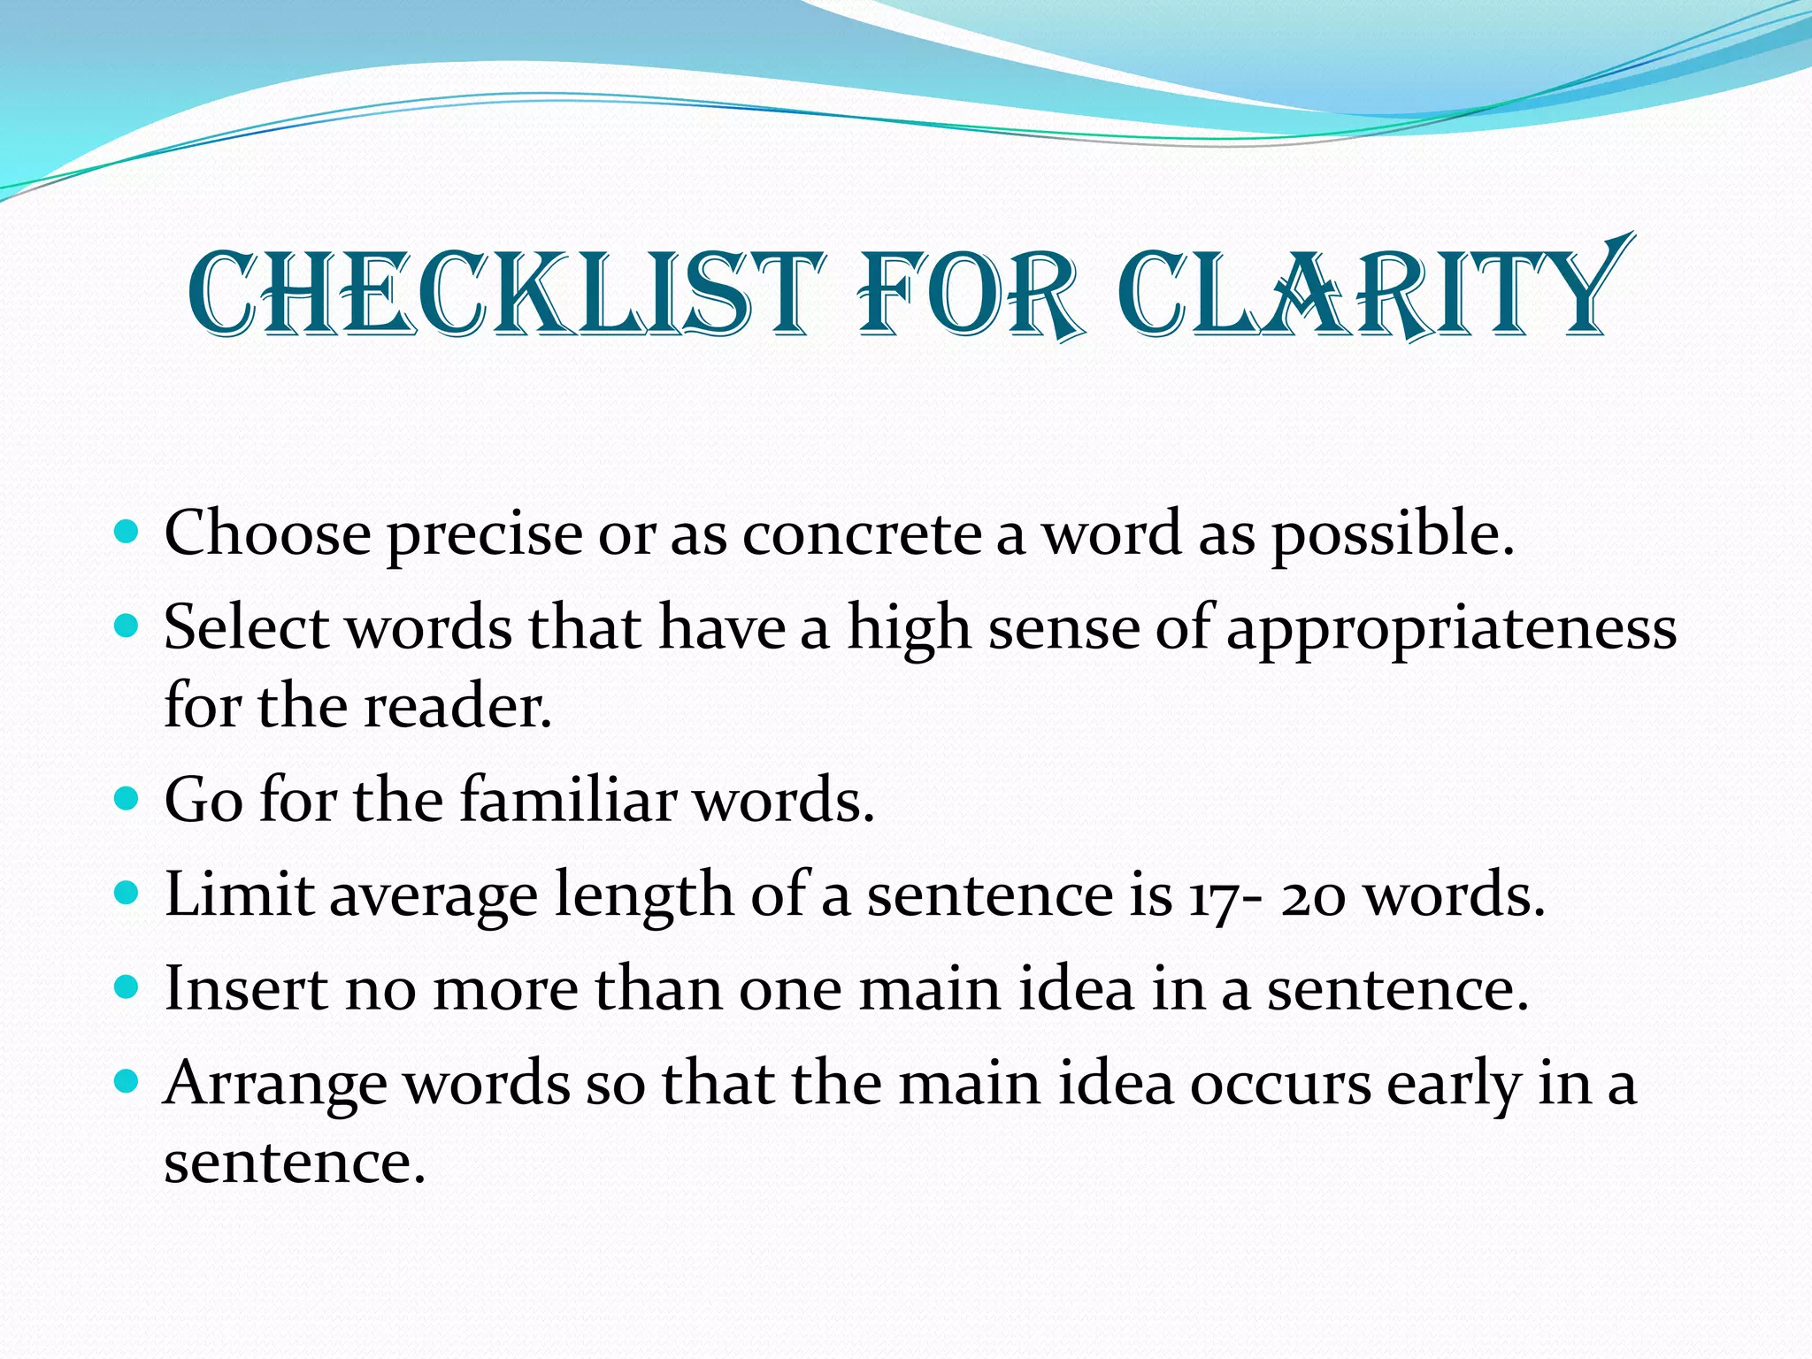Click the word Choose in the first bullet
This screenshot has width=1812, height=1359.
pyautogui.click(x=267, y=534)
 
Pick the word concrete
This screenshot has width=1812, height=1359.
pyautogui.click(x=862, y=534)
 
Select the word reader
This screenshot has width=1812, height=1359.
pyautogui.click(x=458, y=708)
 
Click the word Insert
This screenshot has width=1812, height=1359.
pyautogui.click(x=246, y=988)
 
